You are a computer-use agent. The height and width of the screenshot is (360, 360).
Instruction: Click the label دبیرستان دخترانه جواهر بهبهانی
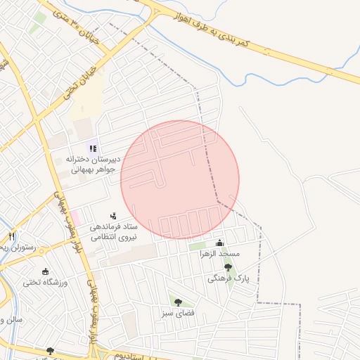94,164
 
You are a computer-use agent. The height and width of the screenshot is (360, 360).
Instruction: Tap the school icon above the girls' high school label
93,148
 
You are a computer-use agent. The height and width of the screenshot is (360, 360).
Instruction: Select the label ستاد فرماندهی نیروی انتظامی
112,233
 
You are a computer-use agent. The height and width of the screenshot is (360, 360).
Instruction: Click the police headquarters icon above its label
113,217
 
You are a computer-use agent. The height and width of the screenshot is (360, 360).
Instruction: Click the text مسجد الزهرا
219,253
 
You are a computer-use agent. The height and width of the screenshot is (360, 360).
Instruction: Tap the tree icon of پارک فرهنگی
227,266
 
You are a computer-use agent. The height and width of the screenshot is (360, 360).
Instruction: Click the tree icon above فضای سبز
178,302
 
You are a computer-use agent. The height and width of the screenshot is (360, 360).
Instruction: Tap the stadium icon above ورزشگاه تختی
46,271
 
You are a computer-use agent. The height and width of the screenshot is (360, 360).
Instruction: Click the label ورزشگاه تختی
44,283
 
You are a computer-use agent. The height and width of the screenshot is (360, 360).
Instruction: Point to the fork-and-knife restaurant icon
11,236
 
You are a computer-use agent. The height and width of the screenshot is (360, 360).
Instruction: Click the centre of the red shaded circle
180,179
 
